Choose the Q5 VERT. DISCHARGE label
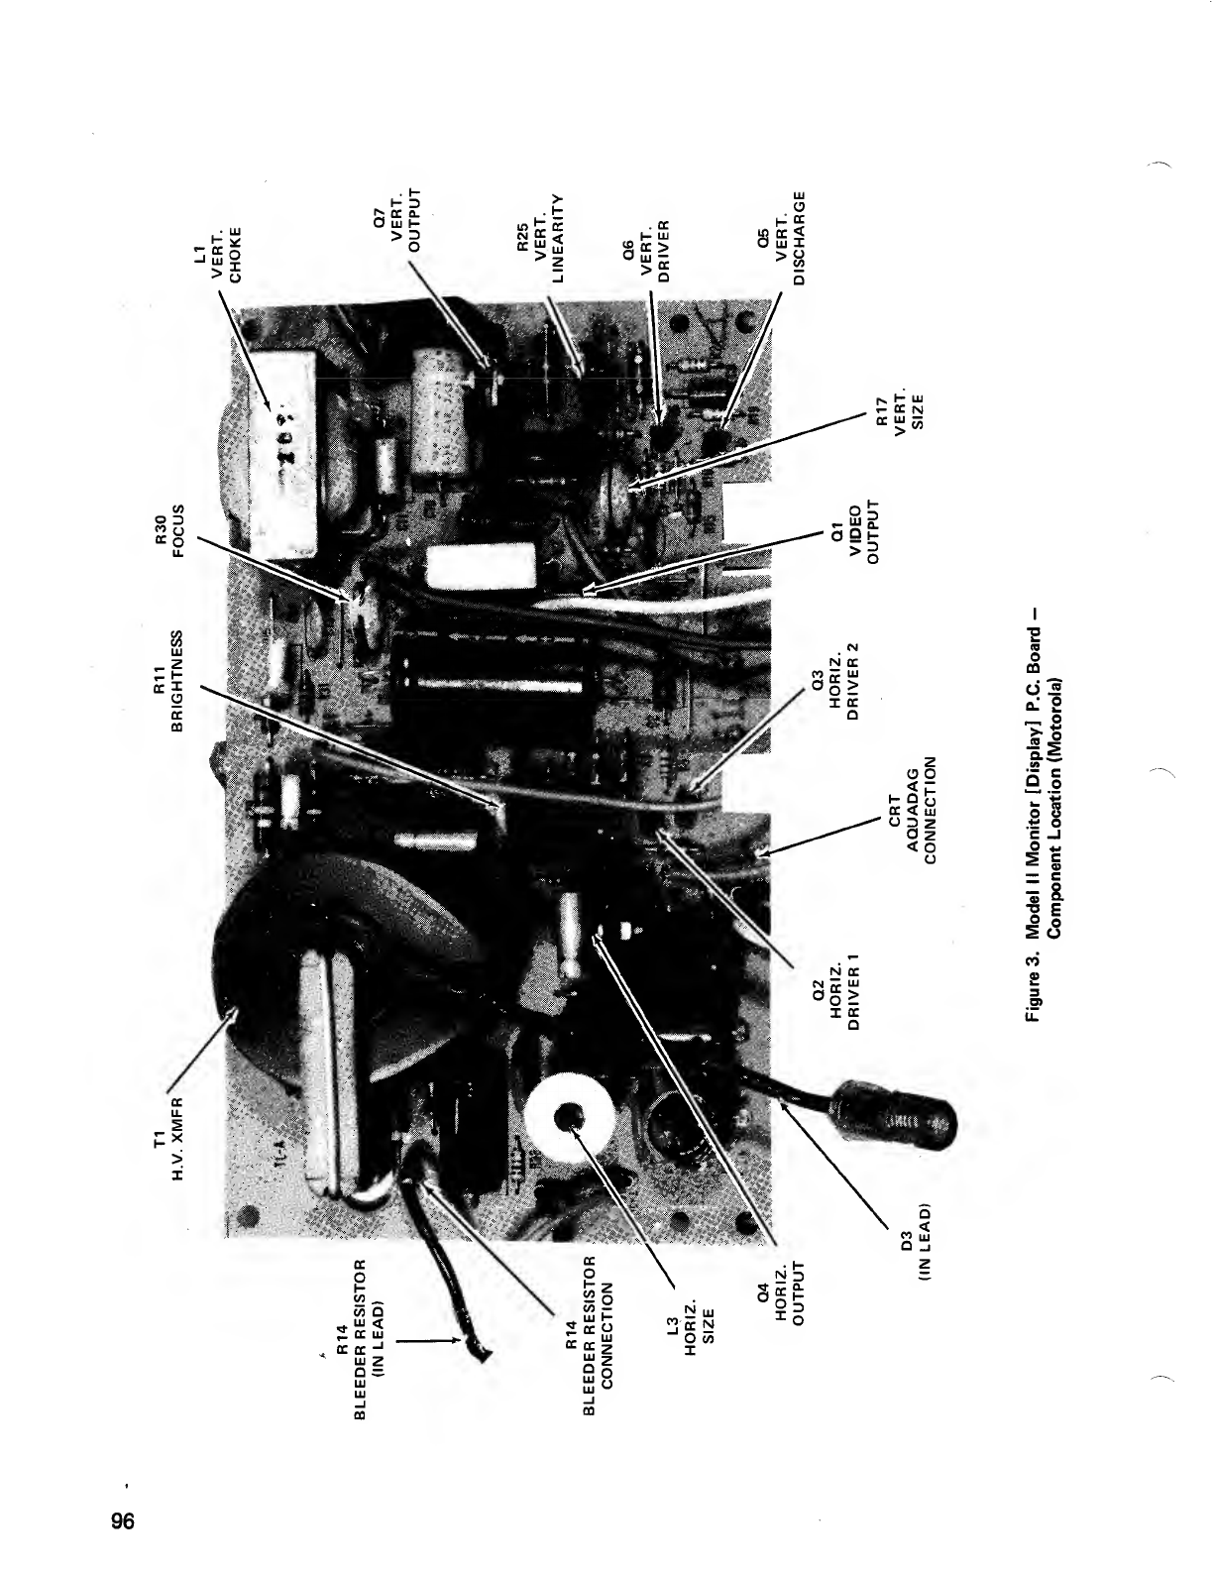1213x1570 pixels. [785, 238]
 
